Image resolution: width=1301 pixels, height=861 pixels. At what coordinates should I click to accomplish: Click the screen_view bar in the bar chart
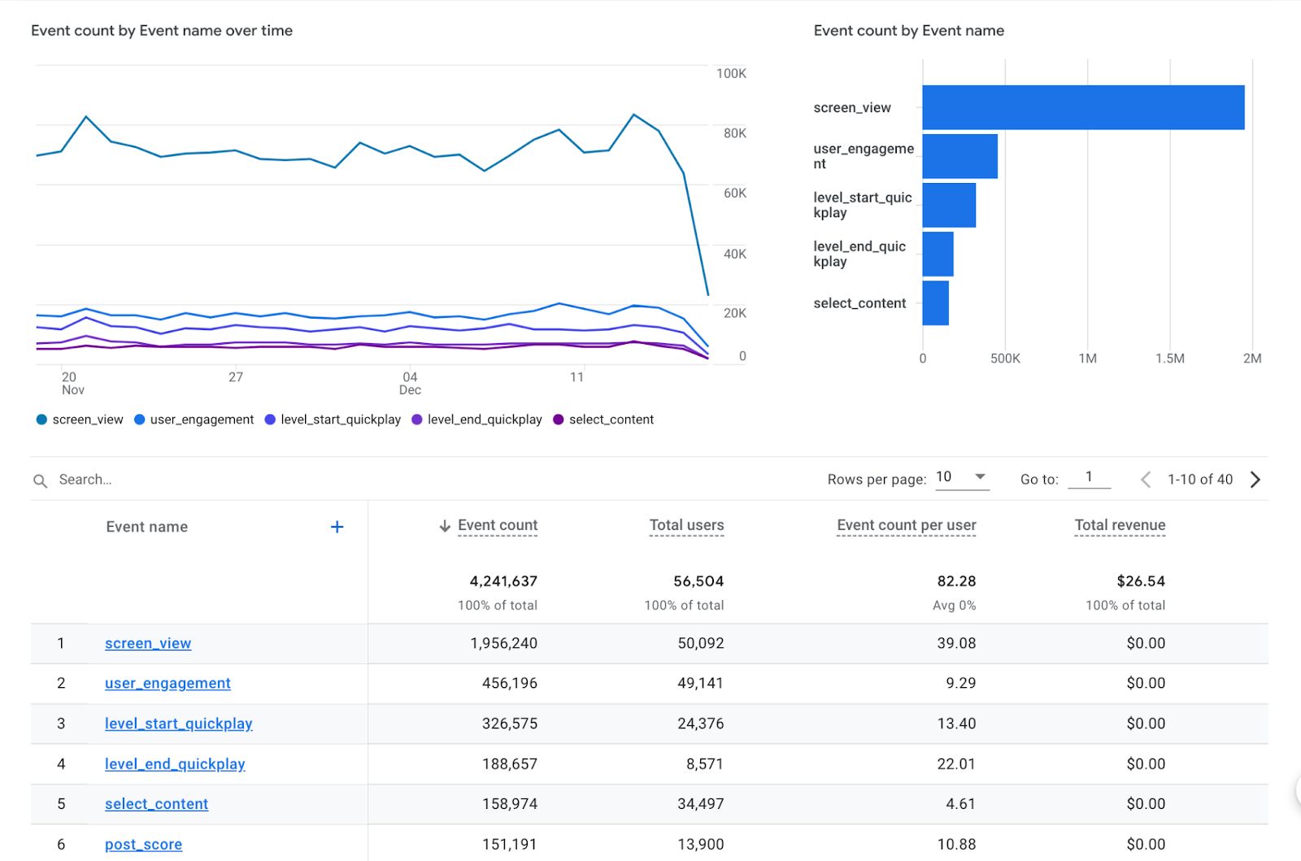tap(1082, 107)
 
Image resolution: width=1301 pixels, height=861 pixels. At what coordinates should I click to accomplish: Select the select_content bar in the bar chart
tap(935, 302)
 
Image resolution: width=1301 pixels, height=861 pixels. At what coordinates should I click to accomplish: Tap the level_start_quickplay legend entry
tap(340, 420)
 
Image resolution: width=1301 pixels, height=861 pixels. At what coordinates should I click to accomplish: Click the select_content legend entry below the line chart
tap(611, 420)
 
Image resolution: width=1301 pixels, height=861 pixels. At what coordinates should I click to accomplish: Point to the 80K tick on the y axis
tap(734, 133)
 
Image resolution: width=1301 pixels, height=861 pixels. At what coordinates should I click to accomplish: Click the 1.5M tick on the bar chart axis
tap(1169, 359)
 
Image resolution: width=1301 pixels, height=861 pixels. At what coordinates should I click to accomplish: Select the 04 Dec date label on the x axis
tap(410, 383)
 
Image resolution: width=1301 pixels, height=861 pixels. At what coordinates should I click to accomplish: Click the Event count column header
tap(497, 525)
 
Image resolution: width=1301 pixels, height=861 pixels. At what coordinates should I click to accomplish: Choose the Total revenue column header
tap(1120, 525)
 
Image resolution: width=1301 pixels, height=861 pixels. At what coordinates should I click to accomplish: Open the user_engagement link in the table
tap(168, 683)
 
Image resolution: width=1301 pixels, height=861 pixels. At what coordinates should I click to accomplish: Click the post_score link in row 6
tap(143, 844)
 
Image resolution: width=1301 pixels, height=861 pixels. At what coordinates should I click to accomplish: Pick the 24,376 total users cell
tap(700, 724)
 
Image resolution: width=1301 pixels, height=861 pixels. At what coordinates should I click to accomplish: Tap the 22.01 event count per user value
tap(956, 763)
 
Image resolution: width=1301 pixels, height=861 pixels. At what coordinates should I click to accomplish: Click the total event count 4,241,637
tap(503, 581)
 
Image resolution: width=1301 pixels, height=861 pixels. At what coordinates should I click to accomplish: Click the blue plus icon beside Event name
tap(337, 527)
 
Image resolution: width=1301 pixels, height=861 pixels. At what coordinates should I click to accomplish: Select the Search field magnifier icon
tap(40, 481)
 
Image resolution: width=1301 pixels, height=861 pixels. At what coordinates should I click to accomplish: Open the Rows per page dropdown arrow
tap(980, 477)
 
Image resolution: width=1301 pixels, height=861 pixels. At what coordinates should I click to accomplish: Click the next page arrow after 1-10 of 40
tap(1255, 480)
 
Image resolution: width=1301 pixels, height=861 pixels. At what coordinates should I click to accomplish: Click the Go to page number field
tap(1089, 478)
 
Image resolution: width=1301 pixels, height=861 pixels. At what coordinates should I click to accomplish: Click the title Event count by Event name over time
tap(162, 31)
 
